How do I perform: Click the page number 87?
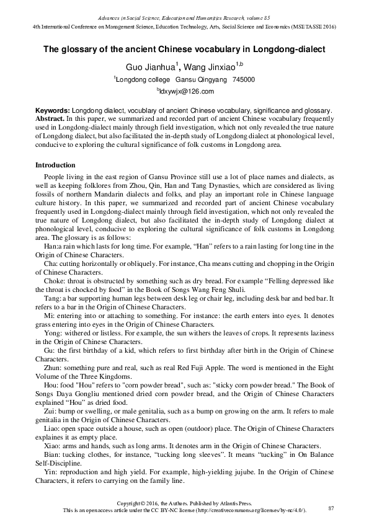pos(331,508)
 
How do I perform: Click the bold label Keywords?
pos(53,110)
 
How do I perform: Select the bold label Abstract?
pos(51,117)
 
